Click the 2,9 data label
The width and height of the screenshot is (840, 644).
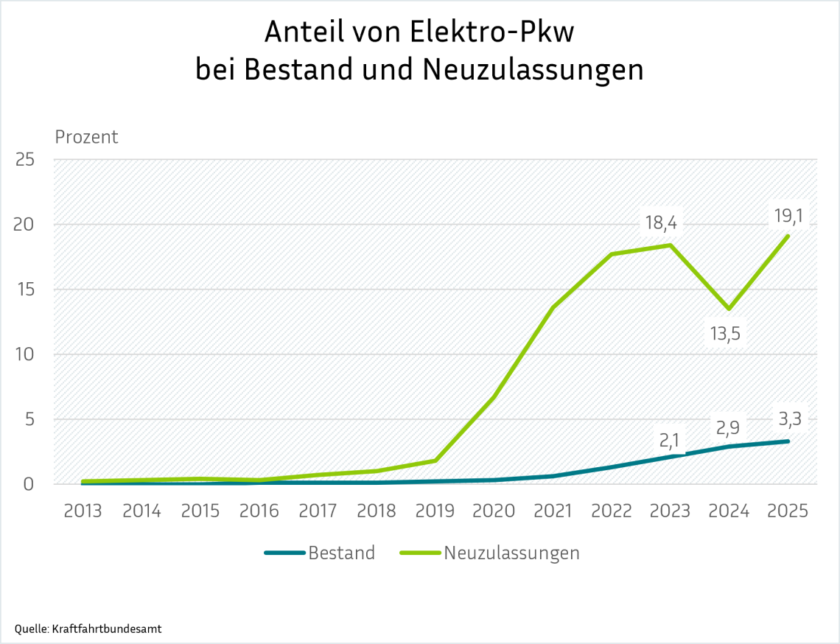click(x=729, y=427)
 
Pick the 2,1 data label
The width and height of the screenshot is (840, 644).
click(x=670, y=441)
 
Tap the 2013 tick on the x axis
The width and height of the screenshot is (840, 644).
click(x=83, y=511)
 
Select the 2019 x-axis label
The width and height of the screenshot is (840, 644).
click(x=435, y=511)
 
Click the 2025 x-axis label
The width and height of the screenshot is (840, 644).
click(x=788, y=511)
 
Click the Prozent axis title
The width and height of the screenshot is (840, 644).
click(x=86, y=137)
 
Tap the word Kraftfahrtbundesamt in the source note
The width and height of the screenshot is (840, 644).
click(x=105, y=629)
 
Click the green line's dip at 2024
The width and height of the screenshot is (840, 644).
click(x=729, y=309)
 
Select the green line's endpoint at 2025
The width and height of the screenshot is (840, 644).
click(x=788, y=236)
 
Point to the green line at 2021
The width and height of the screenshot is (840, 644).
click(x=553, y=307)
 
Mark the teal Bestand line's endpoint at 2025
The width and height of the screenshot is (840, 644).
click(x=788, y=441)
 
